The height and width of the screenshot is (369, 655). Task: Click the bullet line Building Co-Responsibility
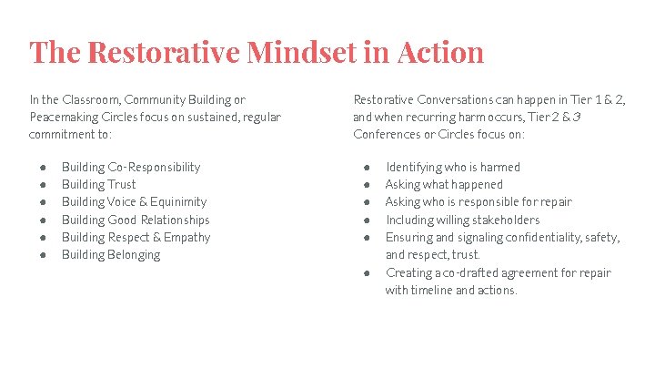[x=131, y=167]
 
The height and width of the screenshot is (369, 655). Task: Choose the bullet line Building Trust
[x=98, y=184]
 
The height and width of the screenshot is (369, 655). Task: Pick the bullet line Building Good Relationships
[x=136, y=220]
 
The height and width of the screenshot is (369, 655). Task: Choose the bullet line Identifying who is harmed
[x=453, y=167]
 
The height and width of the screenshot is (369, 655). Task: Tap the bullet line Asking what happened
[x=444, y=184]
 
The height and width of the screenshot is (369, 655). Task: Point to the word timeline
[x=438, y=290]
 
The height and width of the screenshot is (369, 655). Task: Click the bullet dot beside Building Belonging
[x=45, y=254]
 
